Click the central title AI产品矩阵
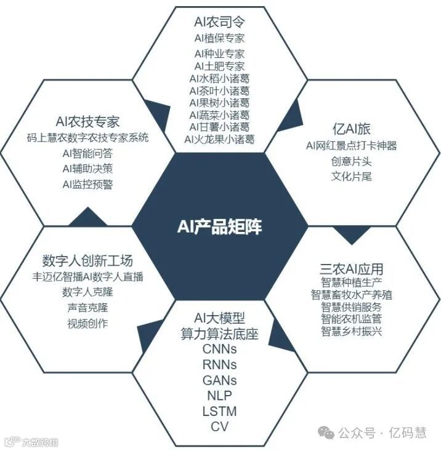(x=220, y=227)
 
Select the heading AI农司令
(x=219, y=23)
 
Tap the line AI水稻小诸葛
(x=219, y=79)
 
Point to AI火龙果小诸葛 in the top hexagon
(x=219, y=139)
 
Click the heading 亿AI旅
(x=351, y=129)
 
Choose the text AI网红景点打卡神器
(x=351, y=146)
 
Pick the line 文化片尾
(x=351, y=177)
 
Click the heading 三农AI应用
(x=352, y=269)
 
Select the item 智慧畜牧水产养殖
(x=352, y=295)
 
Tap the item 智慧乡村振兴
(x=352, y=332)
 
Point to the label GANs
(x=219, y=380)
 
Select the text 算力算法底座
(x=219, y=334)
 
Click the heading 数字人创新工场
(x=87, y=260)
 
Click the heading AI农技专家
(x=87, y=121)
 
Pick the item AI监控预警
(x=87, y=184)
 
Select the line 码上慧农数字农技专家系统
(x=88, y=137)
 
